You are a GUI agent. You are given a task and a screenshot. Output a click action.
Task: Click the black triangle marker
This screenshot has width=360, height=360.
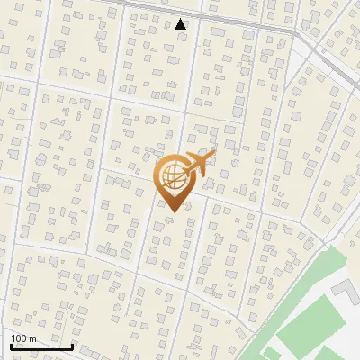[181, 24]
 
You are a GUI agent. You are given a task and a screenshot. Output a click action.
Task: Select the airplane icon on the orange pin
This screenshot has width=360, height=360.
[198, 165]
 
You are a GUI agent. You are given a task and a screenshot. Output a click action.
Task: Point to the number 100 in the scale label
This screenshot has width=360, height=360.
[19, 338]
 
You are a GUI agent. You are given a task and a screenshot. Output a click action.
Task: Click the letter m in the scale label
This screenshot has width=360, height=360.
[32, 338]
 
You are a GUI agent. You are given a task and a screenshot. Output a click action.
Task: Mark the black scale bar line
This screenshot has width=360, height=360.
[41, 346]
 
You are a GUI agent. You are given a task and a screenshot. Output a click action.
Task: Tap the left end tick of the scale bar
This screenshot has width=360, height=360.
[12, 345]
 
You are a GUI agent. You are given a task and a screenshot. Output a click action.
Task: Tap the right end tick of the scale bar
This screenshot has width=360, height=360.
[72, 345]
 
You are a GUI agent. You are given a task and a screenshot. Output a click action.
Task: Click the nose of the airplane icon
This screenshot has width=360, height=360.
[213, 156]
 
